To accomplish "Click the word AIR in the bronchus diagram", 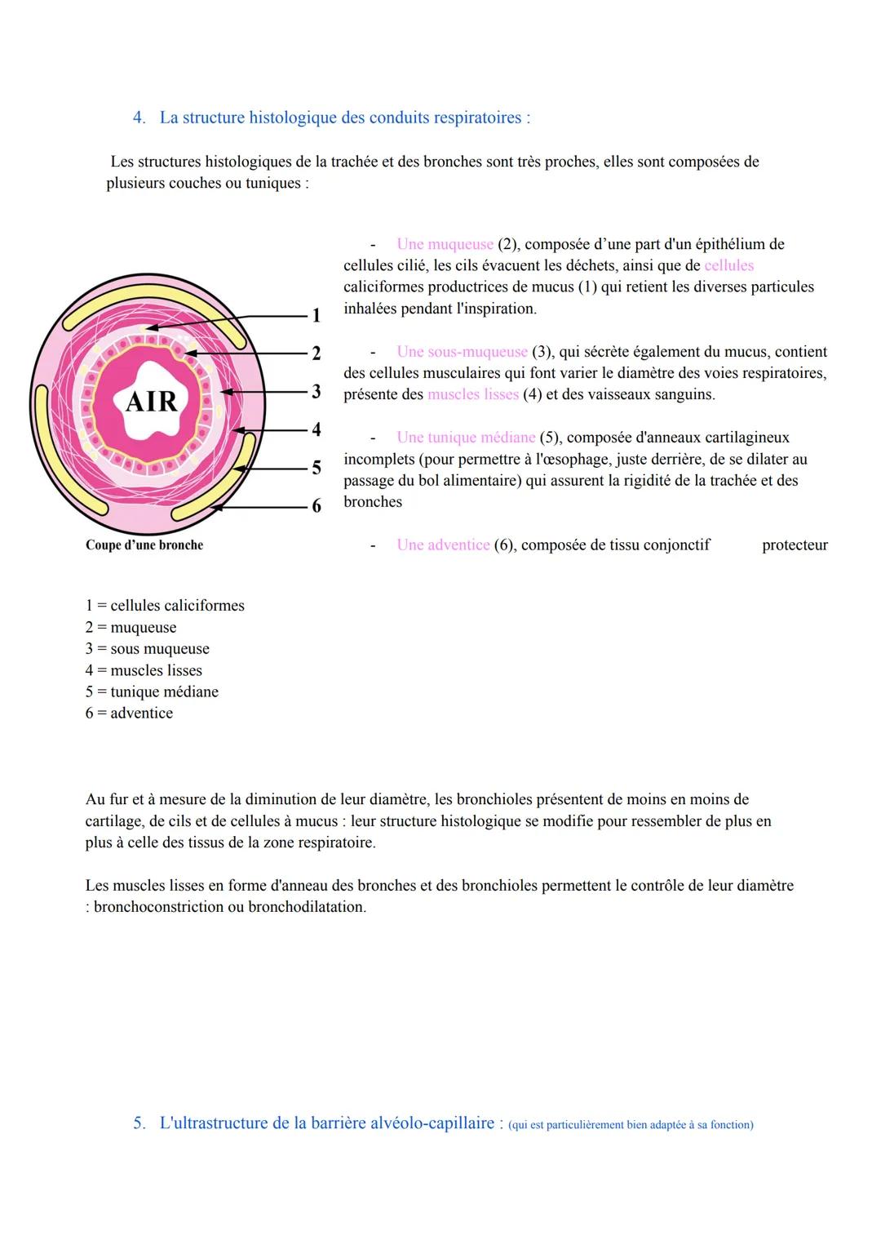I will pyautogui.click(x=152, y=402).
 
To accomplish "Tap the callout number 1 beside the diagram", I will pyautogui.click(x=317, y=315).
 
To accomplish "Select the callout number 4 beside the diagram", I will pyautogui.click(x=317, y=429).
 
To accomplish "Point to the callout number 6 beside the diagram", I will pyautogui.click(x=317, y=506).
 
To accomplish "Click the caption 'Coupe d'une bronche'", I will pyautogui.click(x=144, y=545).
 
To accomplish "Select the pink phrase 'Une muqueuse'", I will pyautogui.click(x=445, y=244).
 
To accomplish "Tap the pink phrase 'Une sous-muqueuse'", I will pyautogui.click(x=462, y=352).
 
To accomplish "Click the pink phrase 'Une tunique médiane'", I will pyautogui.click(x=466, y=438).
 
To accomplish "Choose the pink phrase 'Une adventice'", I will pyautogui.click(x=443, y=545).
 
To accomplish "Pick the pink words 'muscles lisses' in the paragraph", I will pyautogui.click(x=473, y=395).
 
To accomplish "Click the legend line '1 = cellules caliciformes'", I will pyautogui.click(x=165, y=606).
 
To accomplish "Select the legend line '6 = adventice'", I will pyautogui.click(x=129, y=714).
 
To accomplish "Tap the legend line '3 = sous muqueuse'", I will pyautogui.click(x=148, y=649).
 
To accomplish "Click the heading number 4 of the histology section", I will pyautogui.click(x=139, y=118).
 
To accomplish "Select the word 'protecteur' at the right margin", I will pyautogui.click(x=795, y=545).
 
